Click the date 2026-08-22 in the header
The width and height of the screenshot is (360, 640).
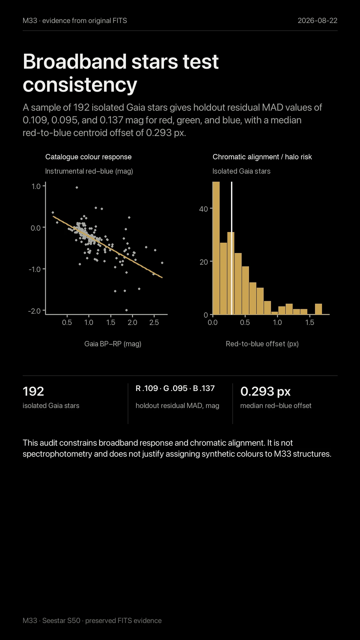tap(317, 21)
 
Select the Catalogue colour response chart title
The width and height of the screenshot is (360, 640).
tap(88, 157)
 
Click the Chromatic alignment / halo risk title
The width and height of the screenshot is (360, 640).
tap(262, 157)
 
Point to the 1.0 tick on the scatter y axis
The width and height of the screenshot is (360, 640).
tap(36, 186)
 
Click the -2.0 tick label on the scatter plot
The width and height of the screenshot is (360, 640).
tap(34, 311)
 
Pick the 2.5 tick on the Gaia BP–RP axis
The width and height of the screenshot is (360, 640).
tap(154, 322)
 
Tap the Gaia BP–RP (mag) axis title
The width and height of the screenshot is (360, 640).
tap(113, 344)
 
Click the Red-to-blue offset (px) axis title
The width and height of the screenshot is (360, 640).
tap(262, 344)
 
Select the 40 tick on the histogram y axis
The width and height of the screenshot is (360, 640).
tap(203, 209)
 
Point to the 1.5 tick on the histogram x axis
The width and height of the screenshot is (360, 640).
tap(310, 322)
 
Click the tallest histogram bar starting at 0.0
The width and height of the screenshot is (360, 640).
tap(216, 248)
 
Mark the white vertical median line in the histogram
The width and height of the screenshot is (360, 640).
tap(232, 248)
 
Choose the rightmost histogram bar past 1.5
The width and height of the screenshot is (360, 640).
tap(318, 309)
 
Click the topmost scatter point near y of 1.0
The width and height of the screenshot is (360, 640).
tap(77, 187)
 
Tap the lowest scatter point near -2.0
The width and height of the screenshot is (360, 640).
tap(126, 310)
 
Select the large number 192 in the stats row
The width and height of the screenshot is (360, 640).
tap(33, 391)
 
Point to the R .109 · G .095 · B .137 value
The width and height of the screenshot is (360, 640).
tap(175, 388)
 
